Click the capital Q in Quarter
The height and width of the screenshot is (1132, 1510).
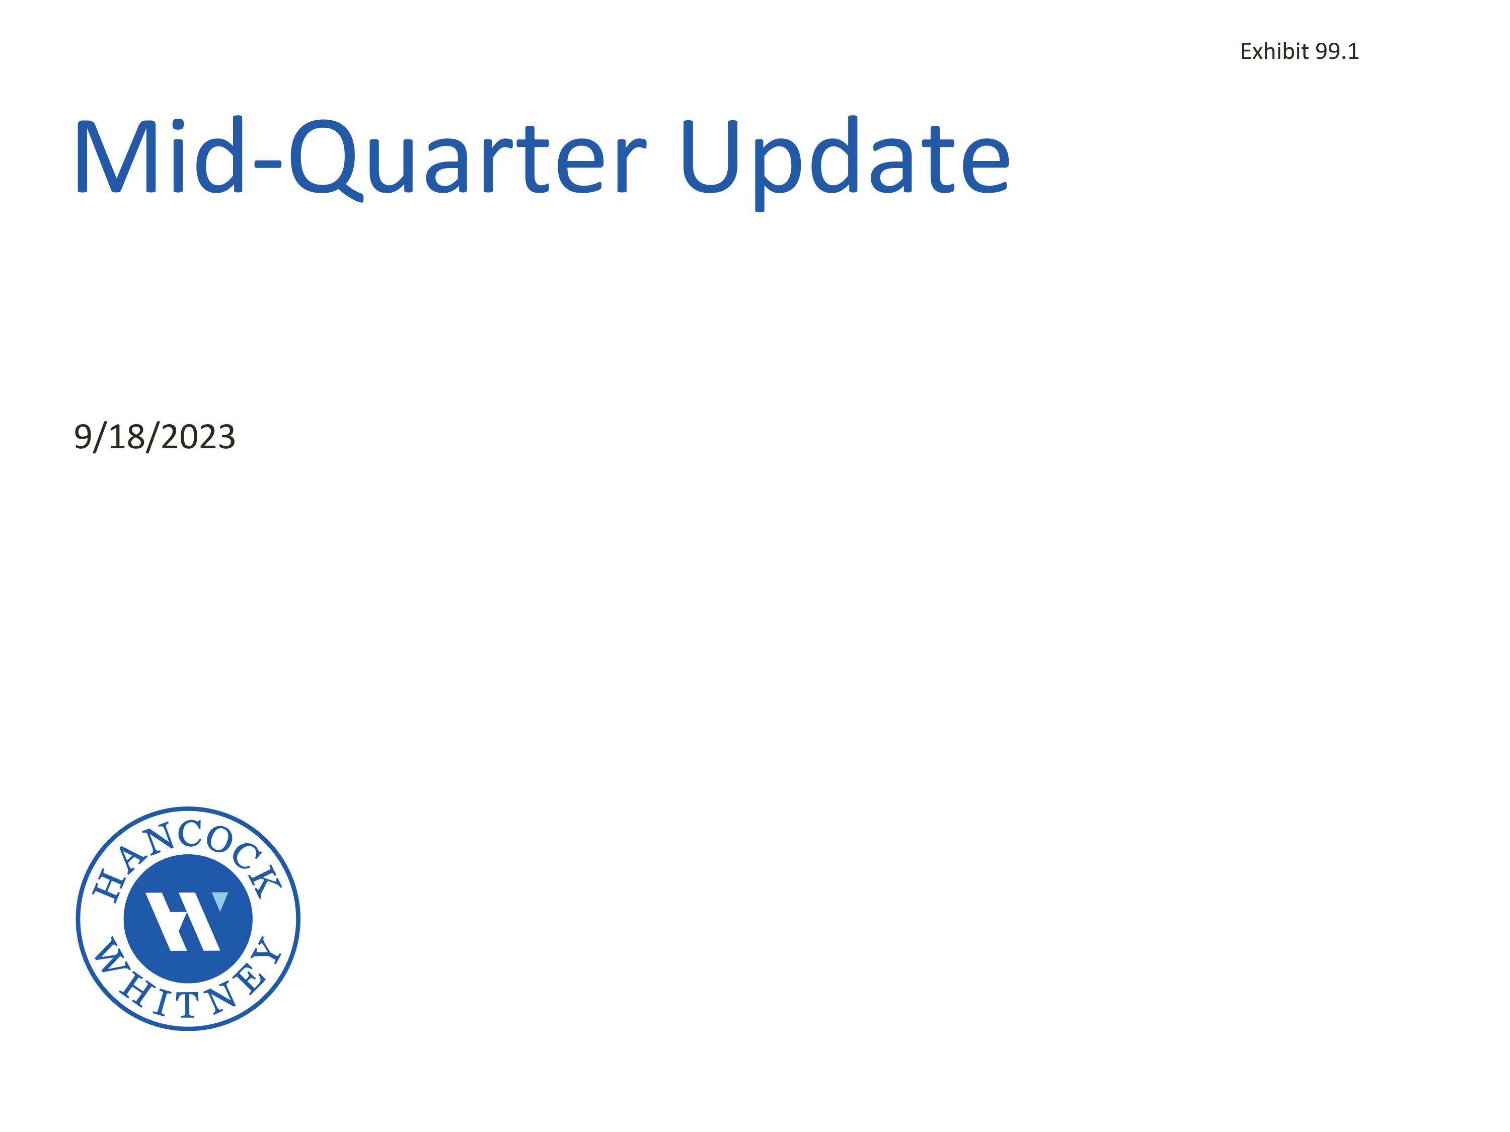click(325, 158)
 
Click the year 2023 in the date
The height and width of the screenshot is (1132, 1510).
click(199, 437)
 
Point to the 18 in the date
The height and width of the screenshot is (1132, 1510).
click(126, 437)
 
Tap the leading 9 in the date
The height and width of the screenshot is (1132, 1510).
click(83, 437)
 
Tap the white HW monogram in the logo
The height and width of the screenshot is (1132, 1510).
click(183, 921)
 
